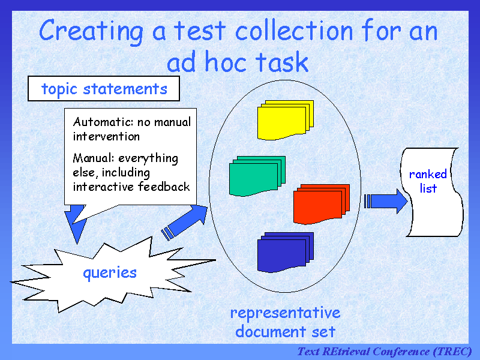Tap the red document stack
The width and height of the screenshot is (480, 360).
click(320, 203)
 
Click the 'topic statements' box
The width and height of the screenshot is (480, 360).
click(104, 89)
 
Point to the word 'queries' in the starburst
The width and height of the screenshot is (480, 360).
click(110, 273)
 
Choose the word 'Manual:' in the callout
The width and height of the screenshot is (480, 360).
click(94, 158)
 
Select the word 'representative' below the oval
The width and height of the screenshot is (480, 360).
click(285, 313)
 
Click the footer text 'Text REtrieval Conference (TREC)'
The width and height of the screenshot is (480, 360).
click(385, 351)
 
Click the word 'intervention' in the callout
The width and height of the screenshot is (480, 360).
click(106, 136)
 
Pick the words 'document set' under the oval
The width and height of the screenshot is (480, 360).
click(285, 331)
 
